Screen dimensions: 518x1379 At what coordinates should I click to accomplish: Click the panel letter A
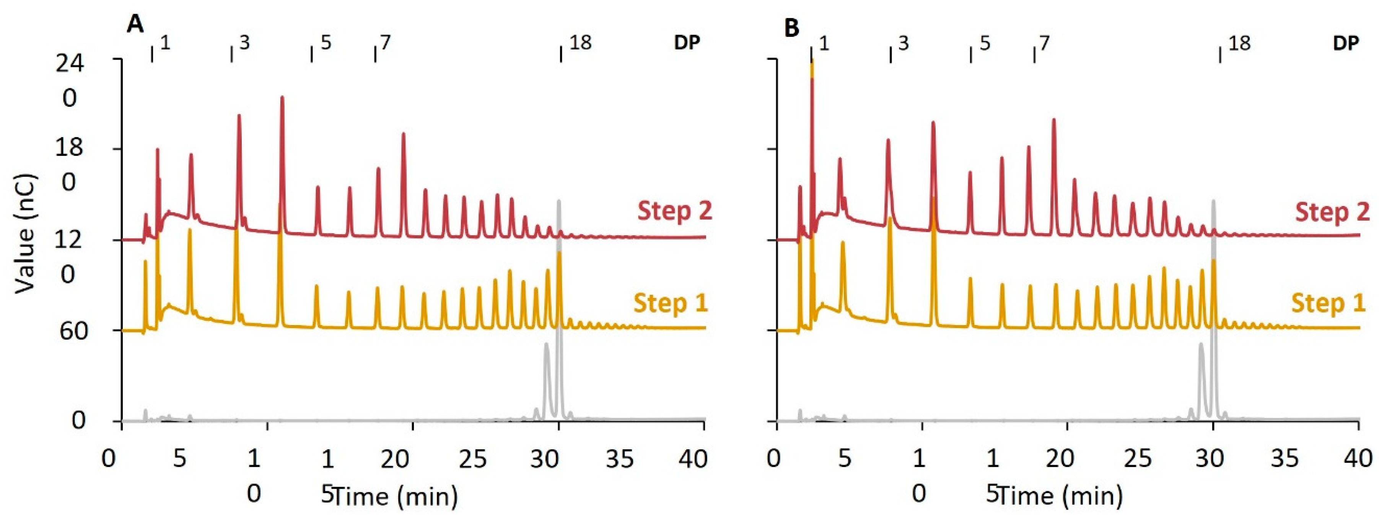[x=135, y=25]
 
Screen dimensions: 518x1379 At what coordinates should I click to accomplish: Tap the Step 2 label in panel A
[x=674, y=211]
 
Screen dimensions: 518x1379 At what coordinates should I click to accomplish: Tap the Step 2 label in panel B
[x=1332, y=212]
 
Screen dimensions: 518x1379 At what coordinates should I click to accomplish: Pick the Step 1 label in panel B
[x=1328, y=303]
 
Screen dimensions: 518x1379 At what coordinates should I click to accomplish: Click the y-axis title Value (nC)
[x=24, y=233]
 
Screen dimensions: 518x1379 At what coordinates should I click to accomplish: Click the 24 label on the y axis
[x=70, y=65]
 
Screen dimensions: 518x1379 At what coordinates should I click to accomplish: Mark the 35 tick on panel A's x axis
[x=620, y=459]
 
